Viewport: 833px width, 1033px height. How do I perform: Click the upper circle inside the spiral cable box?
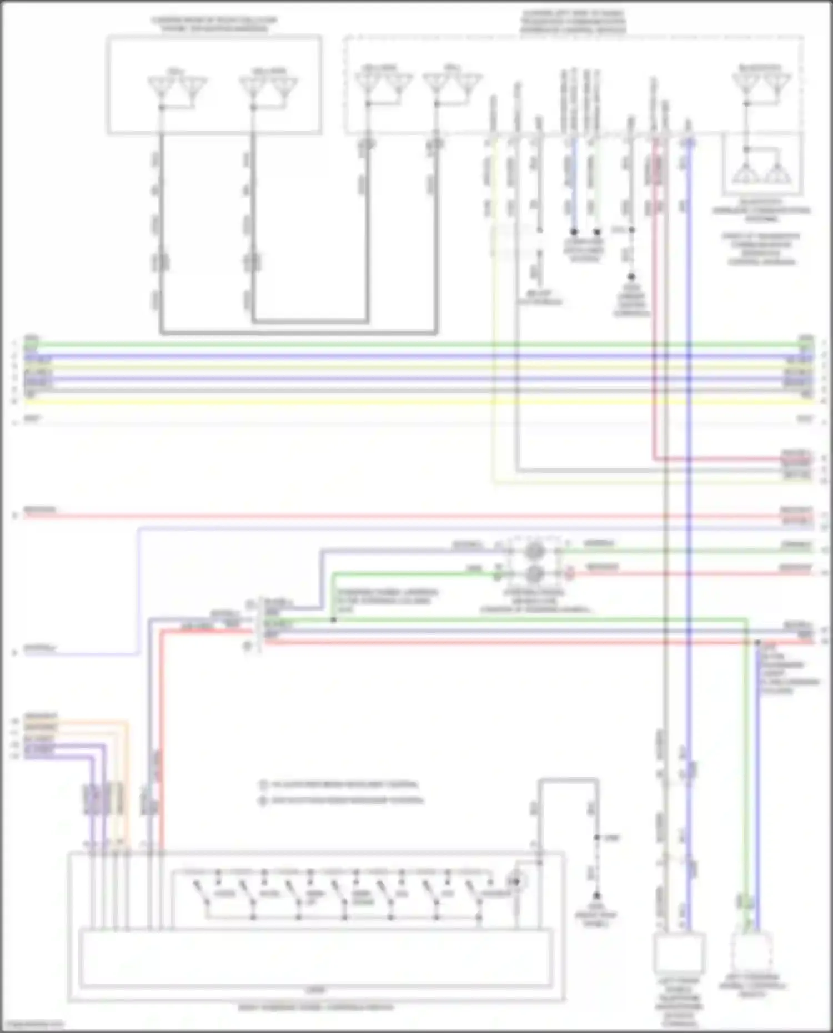[534, 551]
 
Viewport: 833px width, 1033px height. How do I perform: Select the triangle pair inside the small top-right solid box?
[761, 173]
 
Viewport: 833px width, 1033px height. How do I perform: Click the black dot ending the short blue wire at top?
[574, 231]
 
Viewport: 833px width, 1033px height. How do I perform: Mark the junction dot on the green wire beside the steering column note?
[333, 619]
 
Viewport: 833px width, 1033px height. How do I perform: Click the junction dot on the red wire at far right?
[757, 642]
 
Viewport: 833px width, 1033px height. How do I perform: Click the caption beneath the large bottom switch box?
[315, 1007]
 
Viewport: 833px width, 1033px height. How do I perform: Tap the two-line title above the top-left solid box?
[214, 24]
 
